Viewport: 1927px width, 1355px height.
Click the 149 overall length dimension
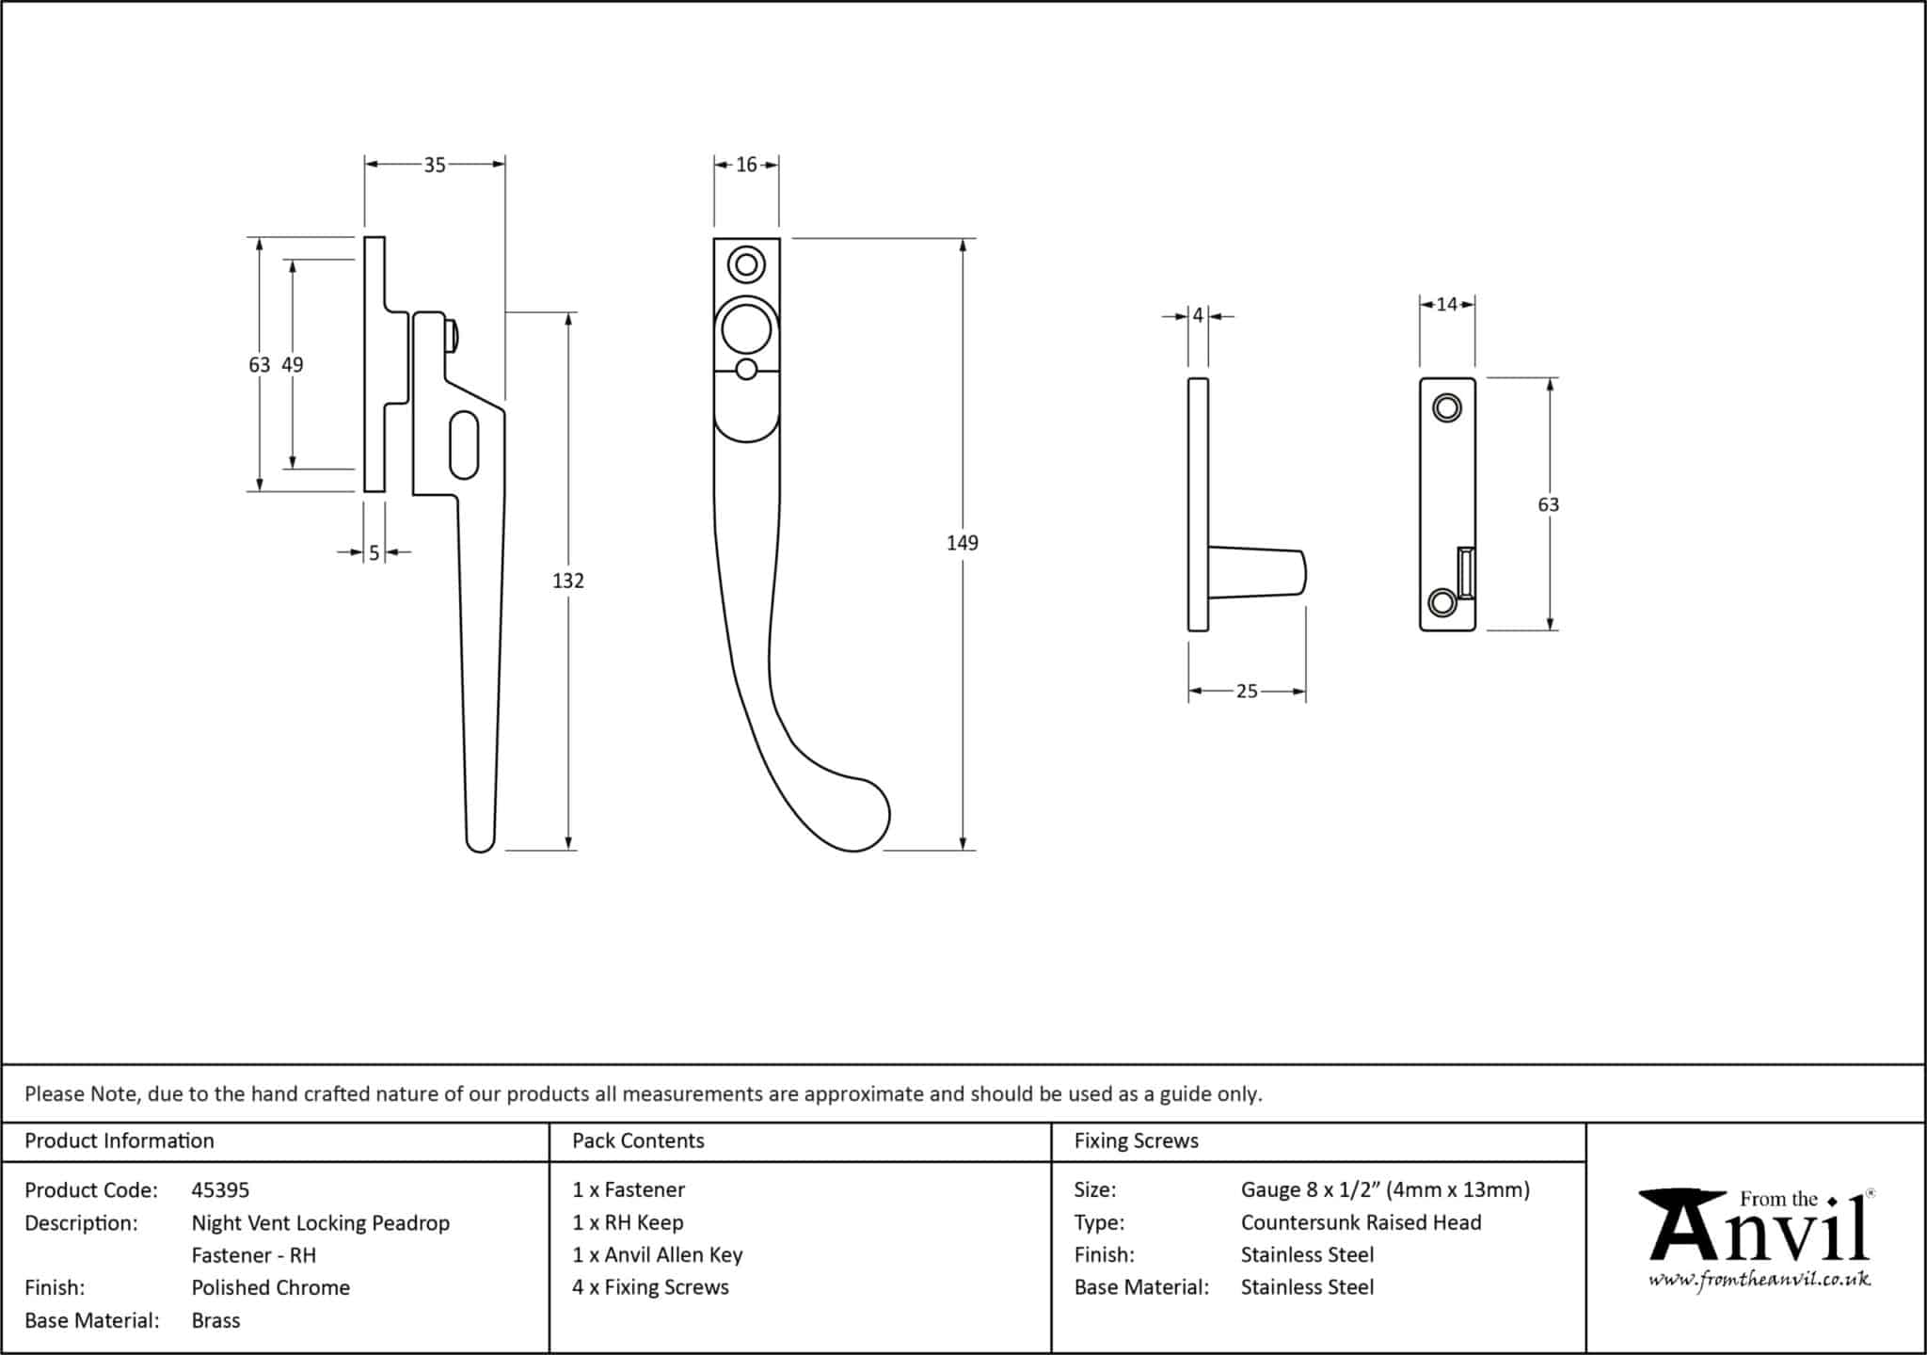962,543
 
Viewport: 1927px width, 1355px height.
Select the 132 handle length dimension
568,582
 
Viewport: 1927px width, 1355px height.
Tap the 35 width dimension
434,166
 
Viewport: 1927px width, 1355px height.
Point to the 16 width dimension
746,166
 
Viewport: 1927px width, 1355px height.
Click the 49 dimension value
293,365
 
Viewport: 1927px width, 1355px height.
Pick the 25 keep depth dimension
1247,692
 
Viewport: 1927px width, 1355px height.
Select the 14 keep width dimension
1447,304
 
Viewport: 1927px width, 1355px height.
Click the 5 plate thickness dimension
374,553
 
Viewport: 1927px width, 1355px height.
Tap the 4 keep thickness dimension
1198,316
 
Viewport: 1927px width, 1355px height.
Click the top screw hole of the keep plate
1446,408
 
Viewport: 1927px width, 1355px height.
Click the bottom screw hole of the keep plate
1441,602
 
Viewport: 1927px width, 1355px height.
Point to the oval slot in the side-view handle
465,445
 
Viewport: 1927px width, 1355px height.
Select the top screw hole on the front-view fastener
747,265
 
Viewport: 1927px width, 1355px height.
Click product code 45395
220,1190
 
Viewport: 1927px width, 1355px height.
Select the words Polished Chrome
270,1288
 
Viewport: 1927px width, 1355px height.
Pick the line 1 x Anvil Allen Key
657,1255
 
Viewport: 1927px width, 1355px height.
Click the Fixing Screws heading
1136,1141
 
